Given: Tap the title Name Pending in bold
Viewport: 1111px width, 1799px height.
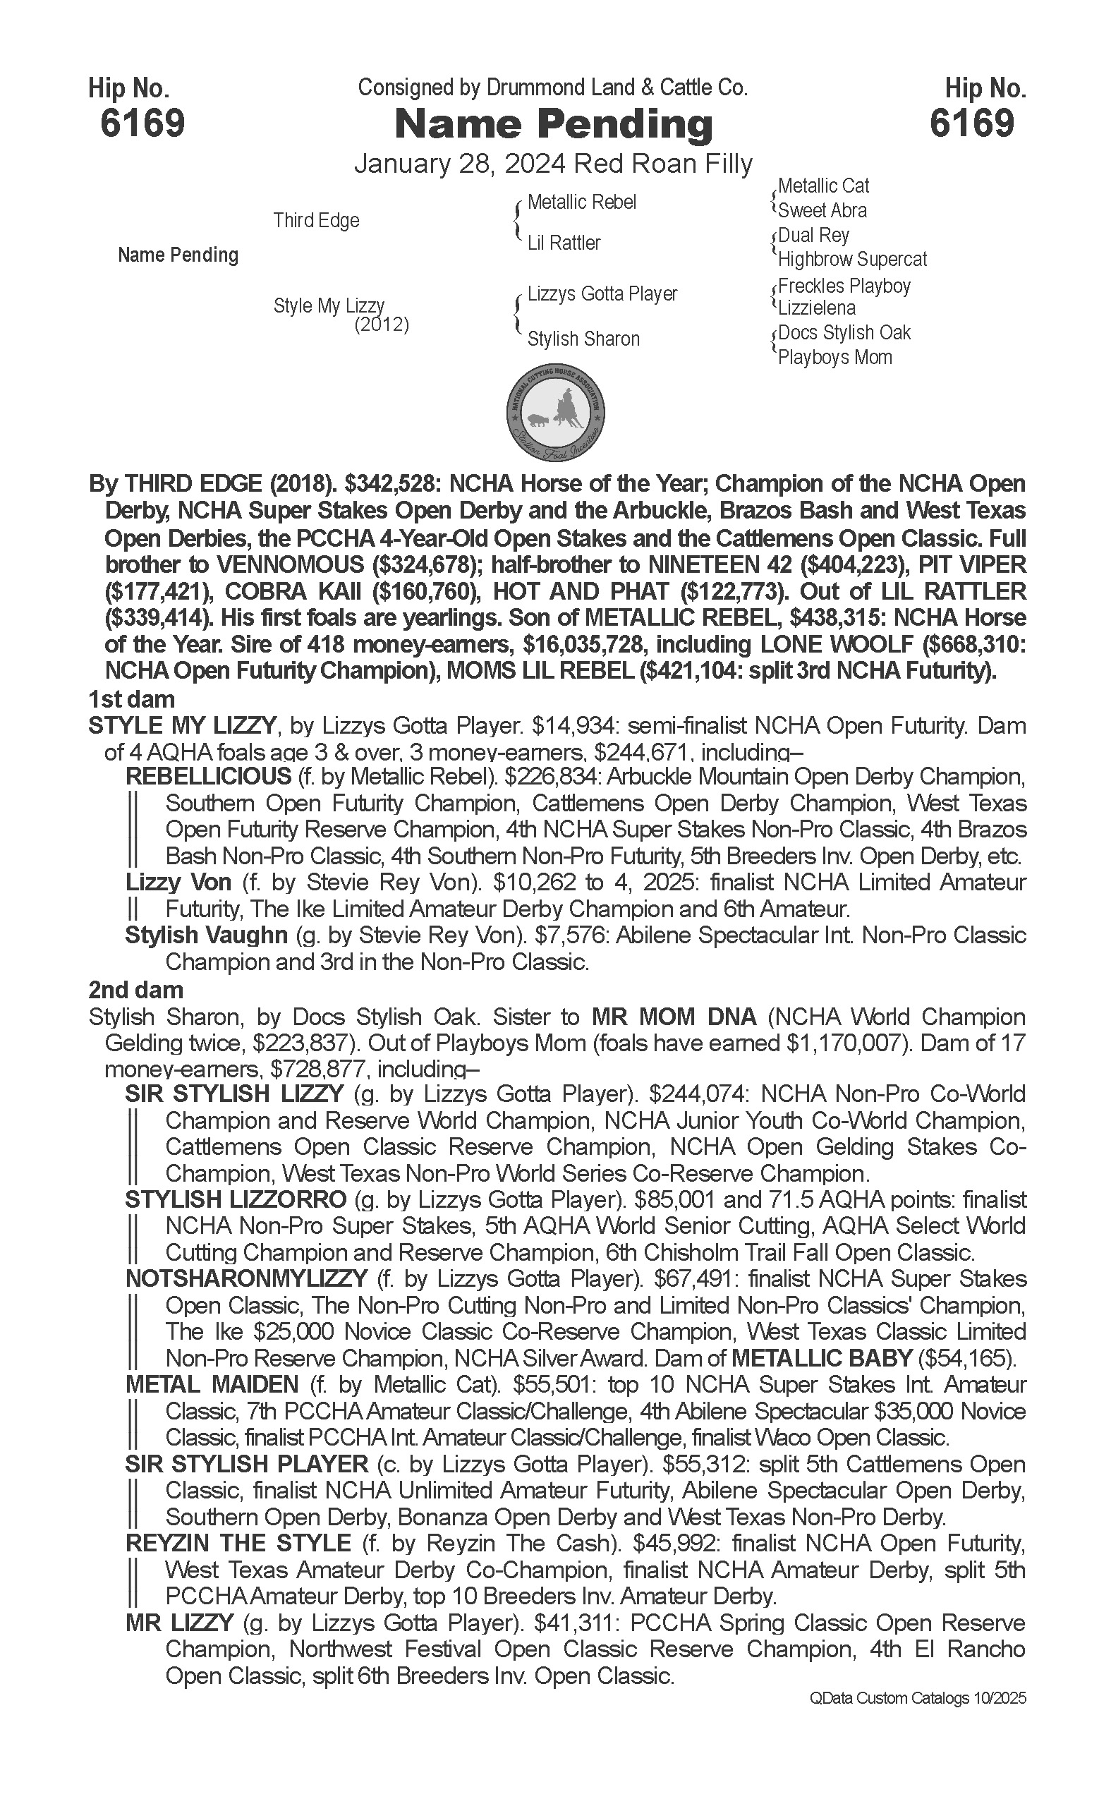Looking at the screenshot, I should [x=554, y=124].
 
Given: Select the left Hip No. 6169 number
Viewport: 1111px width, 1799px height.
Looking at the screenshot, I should [x=142, y=123].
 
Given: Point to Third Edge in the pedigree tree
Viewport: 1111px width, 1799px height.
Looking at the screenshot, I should [x=316, y=220].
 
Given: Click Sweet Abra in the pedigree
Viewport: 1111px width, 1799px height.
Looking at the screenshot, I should [x=822, y=211].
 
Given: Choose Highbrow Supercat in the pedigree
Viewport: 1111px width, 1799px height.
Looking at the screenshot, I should [x=852, y=260].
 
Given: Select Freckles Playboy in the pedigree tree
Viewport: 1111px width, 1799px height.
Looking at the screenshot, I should [x=844, y=286].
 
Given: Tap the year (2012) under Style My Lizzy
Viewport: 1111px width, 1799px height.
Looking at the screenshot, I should [x=382, y=325].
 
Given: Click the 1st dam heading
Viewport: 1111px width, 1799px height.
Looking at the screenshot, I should [x=131, y=699].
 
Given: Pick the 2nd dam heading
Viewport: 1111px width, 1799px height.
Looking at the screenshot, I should [x=136, y=990].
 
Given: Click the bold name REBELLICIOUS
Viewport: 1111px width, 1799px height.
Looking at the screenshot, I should [x=209, y=777].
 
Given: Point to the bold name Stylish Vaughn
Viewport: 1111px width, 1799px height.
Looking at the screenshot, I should [x=207, y=935].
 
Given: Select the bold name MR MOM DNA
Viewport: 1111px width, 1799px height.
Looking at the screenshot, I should [x=674, y=1017].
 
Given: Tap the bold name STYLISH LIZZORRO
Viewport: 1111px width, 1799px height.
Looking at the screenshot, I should [x=236, y=1200].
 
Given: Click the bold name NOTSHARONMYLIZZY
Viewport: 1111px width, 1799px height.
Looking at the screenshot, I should [x=246, y=1280].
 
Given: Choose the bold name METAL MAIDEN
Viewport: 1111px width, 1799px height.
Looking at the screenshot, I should [x=212, y=1386].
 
